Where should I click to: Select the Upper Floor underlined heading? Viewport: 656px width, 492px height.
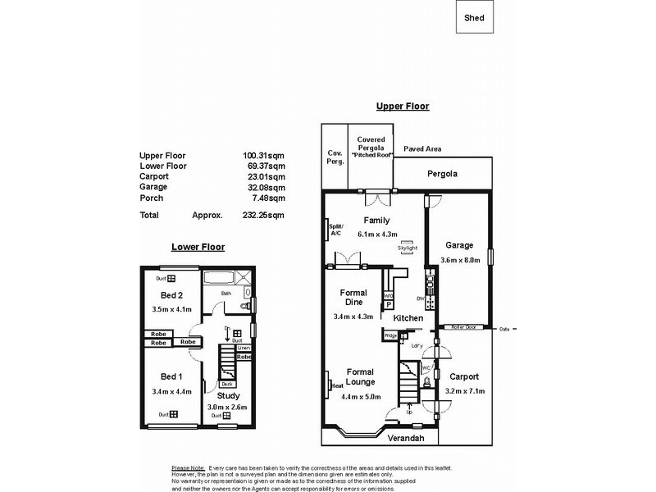tap(403, 107)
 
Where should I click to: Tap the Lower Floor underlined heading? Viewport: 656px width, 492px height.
tap(198, 246)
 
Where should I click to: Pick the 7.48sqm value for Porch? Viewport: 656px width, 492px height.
tap(270, 198)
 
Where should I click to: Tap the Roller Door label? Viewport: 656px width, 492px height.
tap(464, 327)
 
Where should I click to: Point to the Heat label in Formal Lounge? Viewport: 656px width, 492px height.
tap(336, 385)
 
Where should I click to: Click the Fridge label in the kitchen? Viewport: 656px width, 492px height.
tap(390, 335)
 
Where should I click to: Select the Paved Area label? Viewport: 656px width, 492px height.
tap(423, 149)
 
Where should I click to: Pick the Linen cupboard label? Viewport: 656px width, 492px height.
tap(243, 348)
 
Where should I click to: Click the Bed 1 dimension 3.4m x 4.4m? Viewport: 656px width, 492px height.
tap(171, 392)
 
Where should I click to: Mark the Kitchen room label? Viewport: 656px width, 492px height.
tap(407, 317)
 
